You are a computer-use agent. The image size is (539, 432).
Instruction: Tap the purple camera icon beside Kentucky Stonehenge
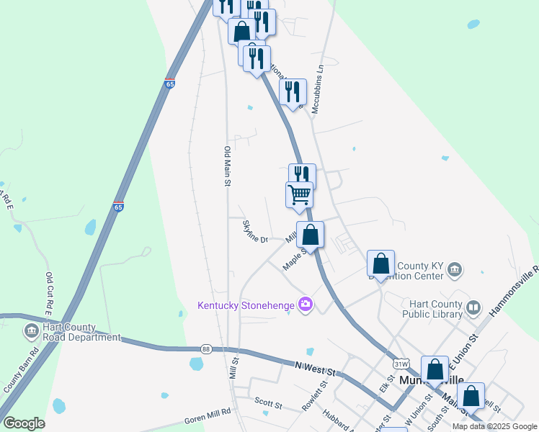click(x=306, y=305)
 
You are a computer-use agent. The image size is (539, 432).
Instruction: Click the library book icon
click(x=473, y=308)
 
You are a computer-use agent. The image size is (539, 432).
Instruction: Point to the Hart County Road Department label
click(x=81, y=332)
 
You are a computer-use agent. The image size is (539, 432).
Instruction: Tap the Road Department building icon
click(x=31, y=331)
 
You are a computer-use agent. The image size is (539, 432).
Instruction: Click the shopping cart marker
click(x=299, y=194)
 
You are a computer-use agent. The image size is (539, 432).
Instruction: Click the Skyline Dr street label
click(x=255, y=231)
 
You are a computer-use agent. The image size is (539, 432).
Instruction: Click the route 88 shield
click(x=206, y=348)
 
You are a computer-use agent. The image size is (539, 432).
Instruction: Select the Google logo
click(x=24, y=423)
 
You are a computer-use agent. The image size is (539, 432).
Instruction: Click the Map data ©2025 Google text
click(x=494, y=426)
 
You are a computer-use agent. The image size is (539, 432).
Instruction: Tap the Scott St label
click(x=267, y=400)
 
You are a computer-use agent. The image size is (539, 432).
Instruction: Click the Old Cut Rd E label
click(x=50, y=295)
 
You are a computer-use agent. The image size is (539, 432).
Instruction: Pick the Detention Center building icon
click(x=454, y=270)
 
